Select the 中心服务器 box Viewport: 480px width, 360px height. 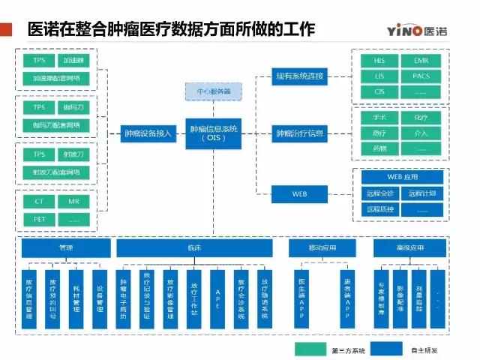tap(214, 92)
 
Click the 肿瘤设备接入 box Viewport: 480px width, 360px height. tap(148, 134)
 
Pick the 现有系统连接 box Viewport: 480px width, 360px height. tap(299, 76)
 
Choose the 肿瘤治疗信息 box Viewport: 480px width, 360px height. tap(299, 134)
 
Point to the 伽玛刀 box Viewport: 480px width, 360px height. tap(73, 108)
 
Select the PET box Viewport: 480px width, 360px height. tap(39, 220)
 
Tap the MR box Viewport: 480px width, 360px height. tap(73, 202)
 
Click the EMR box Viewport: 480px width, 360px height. tap(421, 60)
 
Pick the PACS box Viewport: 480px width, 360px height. tap(421, 76)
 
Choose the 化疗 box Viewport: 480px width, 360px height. tap(421, 118)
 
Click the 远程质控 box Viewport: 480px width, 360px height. tap(379, 210)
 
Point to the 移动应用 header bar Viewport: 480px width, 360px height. tap(322, 248)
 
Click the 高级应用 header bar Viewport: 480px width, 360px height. tap(409, 248)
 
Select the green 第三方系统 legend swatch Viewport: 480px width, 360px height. tap(314, 350)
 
